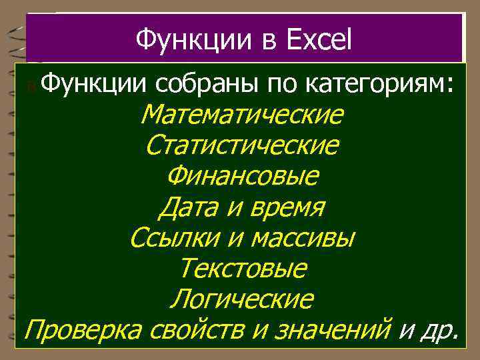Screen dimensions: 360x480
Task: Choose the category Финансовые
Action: coord(243,176)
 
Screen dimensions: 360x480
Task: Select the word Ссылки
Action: coord(167,237)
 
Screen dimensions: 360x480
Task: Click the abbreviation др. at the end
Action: coord(439,329)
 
